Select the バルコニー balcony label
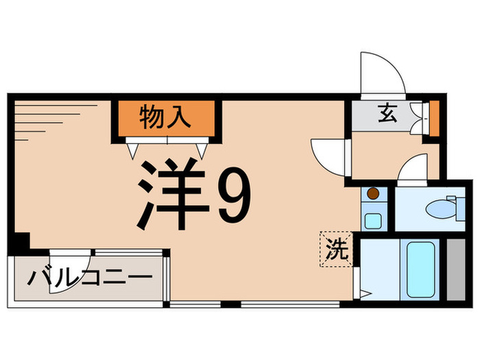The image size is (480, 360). [89, 279]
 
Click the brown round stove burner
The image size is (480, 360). [373, 194]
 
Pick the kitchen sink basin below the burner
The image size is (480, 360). [373, 221]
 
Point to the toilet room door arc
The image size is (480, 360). [411, 169]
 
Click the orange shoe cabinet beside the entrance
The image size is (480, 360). [433, 117]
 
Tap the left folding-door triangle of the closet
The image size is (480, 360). [132, 148]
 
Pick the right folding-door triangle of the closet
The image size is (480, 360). [202, 148]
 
